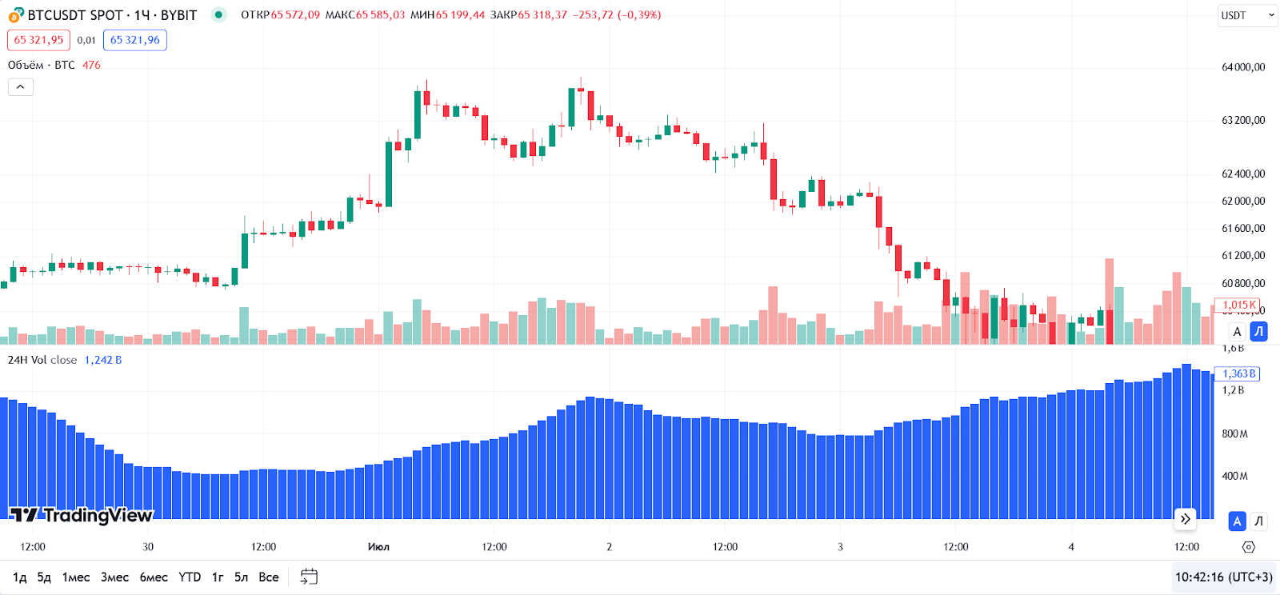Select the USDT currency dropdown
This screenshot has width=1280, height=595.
pyautogui.click(x=1247, y=15)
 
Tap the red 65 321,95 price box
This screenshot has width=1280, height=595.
pyautogui.click(x=38, y=40)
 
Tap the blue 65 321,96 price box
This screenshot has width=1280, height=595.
pyautogui.click(x=134, y=40)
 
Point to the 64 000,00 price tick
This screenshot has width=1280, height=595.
pyautogui.click(x=1243, y=67)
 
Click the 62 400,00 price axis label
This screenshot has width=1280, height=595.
pyautogui.click(x=1243, y=174)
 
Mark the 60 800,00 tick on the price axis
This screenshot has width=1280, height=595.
pyautogui.click(x=1243, y=283)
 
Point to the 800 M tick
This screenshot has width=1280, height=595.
pyautogui.click(x=1234, y=433)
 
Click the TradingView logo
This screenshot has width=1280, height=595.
pyautogui.click(x=81, y=515)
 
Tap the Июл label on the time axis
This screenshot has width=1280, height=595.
pyautogui.click(x=378, y=547)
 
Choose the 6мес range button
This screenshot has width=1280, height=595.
pyautogui.click(x=154, y=577)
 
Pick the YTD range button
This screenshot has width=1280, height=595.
pyautogui.click(x=190, y=577)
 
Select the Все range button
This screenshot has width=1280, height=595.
pyautogui.click(x=269, y=577)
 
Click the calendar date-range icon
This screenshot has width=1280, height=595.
pyautogui.click(x=309, y=577)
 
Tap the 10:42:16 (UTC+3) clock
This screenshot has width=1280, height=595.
pyautogui.click(x=1223, y=577)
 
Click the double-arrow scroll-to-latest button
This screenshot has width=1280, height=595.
pyautogui.click(x=1185, y=519)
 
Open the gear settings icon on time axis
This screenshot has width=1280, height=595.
pyautogui.click(x=1249, y=547)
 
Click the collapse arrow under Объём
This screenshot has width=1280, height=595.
pyautogui.click(x=21, y=86)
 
